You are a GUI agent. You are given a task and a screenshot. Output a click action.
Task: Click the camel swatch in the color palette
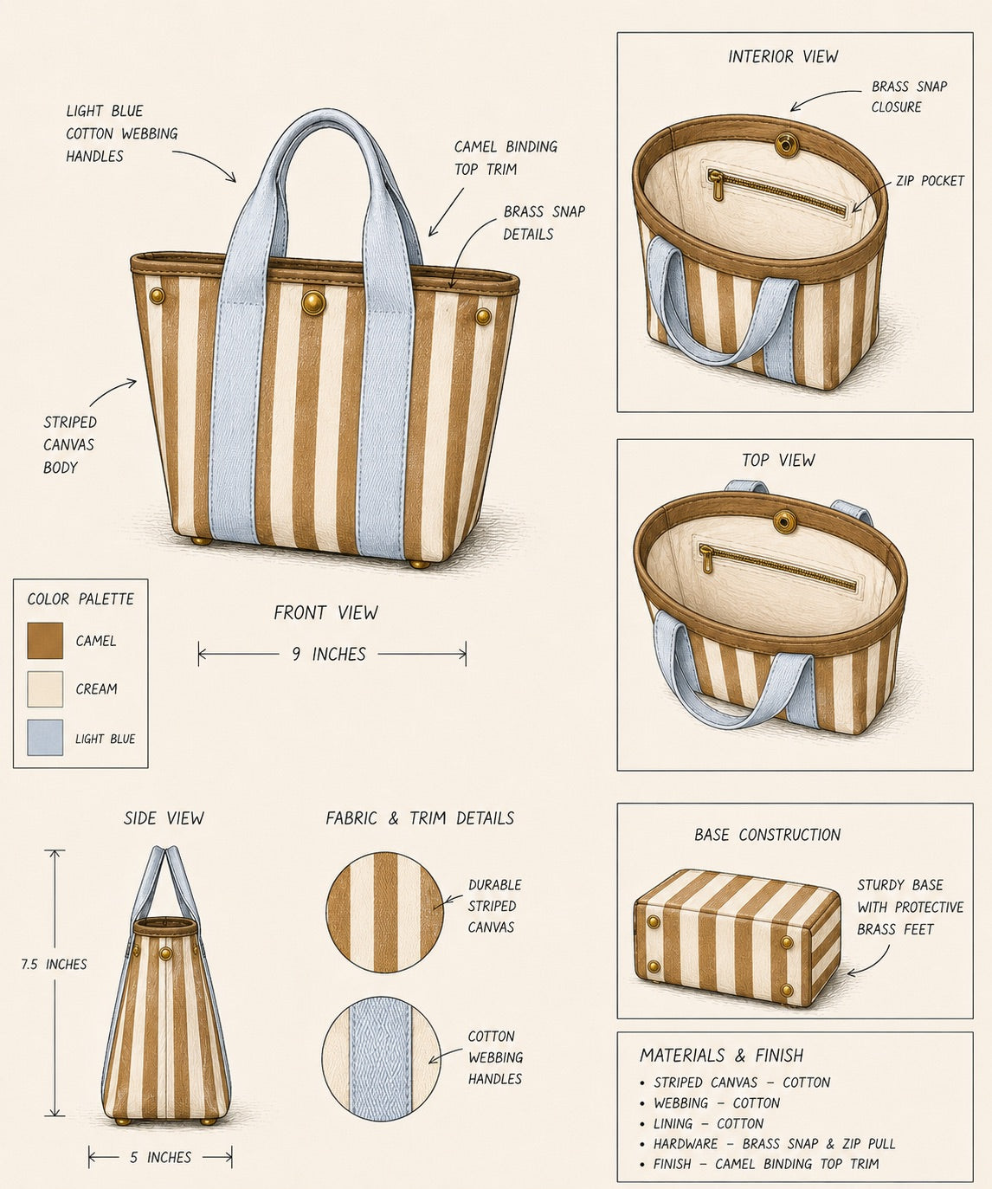[x=45, y=641]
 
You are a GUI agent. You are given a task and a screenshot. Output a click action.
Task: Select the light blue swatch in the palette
[x=45, y=738]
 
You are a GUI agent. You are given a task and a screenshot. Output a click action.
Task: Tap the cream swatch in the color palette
[x=45, y=689]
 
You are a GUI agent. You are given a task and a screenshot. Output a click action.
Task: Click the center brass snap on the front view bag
[x=313, y=302]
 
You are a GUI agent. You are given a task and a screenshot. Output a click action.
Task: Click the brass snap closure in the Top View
[x=785, y=520]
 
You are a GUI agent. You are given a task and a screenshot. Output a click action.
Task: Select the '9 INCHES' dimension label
[x=329, y=654]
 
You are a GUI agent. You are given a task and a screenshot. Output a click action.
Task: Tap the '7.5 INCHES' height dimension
[x=54, y=964]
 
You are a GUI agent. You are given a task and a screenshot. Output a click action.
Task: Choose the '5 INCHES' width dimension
[x=160, y=1157]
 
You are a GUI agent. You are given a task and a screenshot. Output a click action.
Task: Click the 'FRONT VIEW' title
[x=325, y=613]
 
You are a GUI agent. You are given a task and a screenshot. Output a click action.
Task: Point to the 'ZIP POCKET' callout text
[x=930, y=181]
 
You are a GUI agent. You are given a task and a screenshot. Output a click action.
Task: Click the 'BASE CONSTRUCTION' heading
[x=767, y=835]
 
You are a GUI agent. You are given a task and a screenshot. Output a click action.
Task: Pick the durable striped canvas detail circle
[x=384, y=913]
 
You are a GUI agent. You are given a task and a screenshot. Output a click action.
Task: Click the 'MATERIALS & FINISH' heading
[x=721, y=1055]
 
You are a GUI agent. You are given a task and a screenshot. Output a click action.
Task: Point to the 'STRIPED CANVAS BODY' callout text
[x=70, y=445]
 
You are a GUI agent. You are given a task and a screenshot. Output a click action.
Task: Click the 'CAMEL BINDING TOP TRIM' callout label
[x=506, y=158]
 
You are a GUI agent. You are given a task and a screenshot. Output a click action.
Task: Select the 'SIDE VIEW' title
[x=164, y=818]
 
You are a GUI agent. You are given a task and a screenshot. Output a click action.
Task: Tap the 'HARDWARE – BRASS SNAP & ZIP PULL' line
[x=767, y=1143]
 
